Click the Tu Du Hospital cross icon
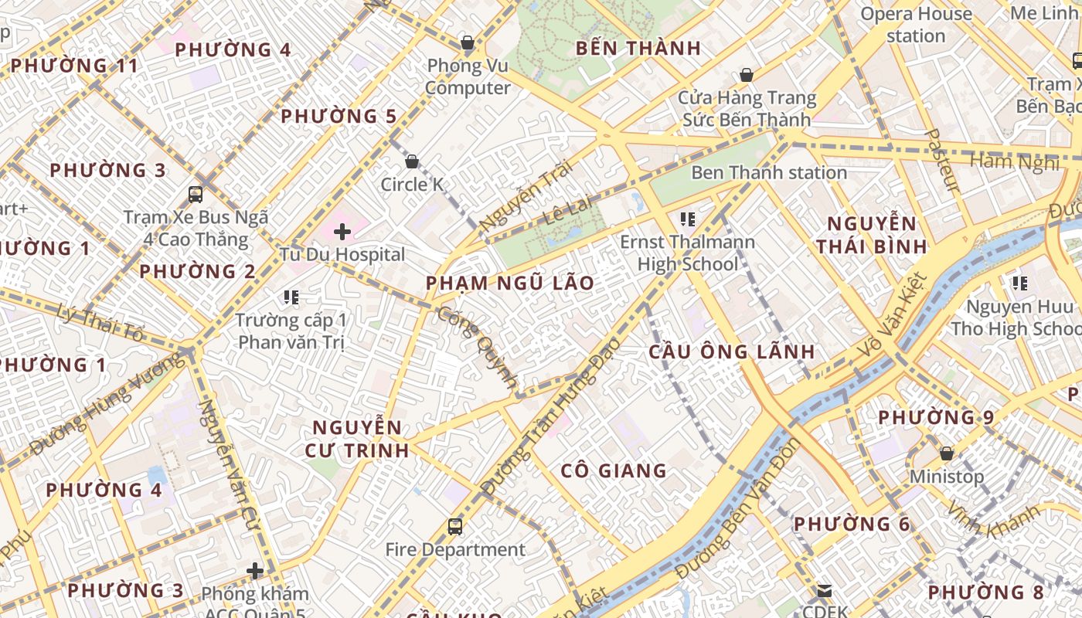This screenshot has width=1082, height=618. click(342, 231)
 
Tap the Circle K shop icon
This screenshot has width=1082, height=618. click(412, 161)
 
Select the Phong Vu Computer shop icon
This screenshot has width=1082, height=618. click(467, 42)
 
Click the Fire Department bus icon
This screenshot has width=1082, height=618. click(455, 527)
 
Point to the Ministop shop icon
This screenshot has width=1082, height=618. click(946, 453)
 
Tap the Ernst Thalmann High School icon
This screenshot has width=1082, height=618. click(688, 219)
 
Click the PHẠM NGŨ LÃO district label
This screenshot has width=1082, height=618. click(510, 283)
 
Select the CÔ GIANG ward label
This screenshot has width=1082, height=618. click(614, 470)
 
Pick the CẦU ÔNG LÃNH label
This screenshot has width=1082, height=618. click(731, 351)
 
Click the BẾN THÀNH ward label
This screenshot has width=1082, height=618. click(638, 48)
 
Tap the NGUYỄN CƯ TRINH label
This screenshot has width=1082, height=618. click(357, 439)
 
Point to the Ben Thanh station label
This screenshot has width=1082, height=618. click(768, 172)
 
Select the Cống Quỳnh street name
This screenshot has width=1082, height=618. click(478, 347)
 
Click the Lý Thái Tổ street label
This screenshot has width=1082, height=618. click(100, 323)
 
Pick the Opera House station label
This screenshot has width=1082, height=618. click(916, 25)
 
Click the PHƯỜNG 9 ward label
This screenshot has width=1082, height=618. click(936, 417)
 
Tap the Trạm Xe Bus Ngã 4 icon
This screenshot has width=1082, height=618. click(196, 194)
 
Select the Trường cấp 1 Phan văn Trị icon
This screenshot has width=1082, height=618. click(291, 297)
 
